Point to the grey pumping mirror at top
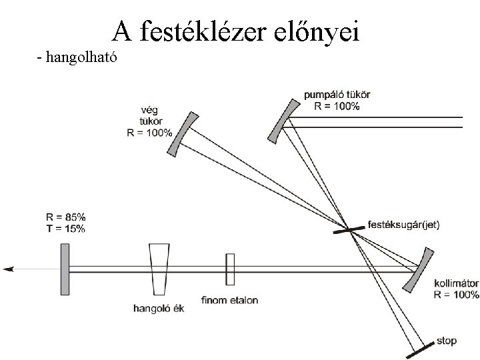pos(284,120)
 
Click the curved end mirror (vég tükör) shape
pos(181,136)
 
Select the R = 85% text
pos(65,217)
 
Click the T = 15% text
pos(65,229)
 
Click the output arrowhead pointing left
pos(9,269)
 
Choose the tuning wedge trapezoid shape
pos(160,269)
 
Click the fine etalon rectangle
pos(231,269)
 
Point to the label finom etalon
pos(229,300)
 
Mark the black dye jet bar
pos(349,229)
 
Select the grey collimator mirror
pos(420,269)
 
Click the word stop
pos(447,341)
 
